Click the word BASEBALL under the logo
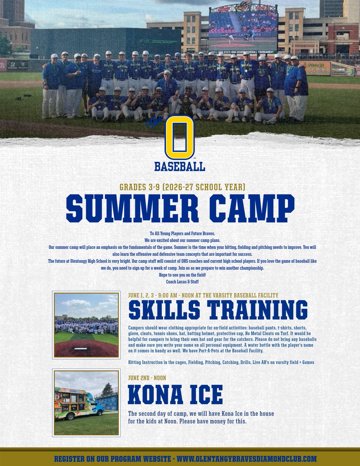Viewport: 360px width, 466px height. pos(180,167)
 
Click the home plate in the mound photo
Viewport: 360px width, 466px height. pos(81,348)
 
